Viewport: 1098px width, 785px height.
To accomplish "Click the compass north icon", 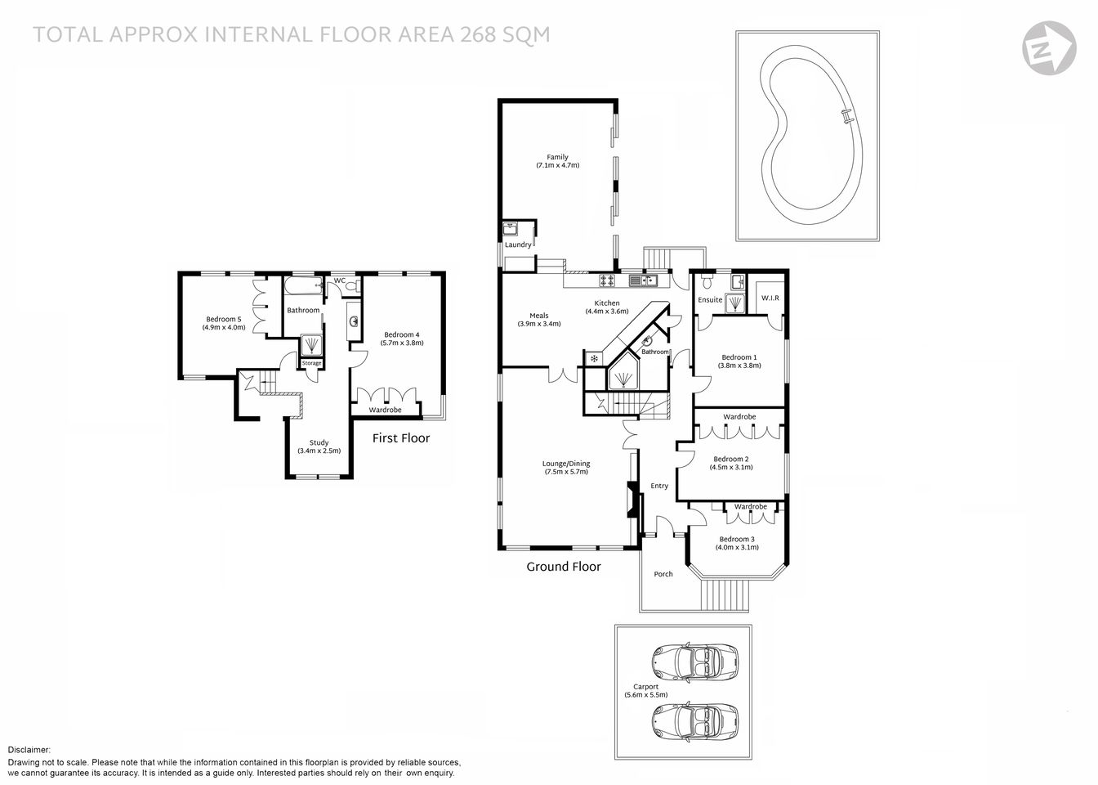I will (1050, 47).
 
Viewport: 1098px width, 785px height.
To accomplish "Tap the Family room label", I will (557, 157).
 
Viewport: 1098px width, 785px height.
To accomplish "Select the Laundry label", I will (518, 244).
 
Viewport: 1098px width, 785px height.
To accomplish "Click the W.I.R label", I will (770, 298).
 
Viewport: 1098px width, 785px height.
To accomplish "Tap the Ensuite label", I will (710, 300).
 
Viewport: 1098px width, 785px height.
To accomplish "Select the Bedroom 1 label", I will (739, 357).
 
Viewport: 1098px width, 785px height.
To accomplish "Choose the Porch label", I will (663, 574).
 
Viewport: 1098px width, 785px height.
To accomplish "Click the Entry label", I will (659, 486).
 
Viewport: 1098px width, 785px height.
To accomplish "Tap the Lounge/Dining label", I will (566, 464).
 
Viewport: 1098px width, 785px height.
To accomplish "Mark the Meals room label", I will (538, 316).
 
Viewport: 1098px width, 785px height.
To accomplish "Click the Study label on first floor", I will (319, 442).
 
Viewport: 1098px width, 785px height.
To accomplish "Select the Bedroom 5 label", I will (223, 319).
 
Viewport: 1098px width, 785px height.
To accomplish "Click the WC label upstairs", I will (340, 280).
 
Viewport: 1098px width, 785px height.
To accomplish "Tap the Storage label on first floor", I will (311, 363).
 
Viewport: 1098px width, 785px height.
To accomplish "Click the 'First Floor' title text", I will (401, 438).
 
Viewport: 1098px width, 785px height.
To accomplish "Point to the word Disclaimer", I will (29, 750).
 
